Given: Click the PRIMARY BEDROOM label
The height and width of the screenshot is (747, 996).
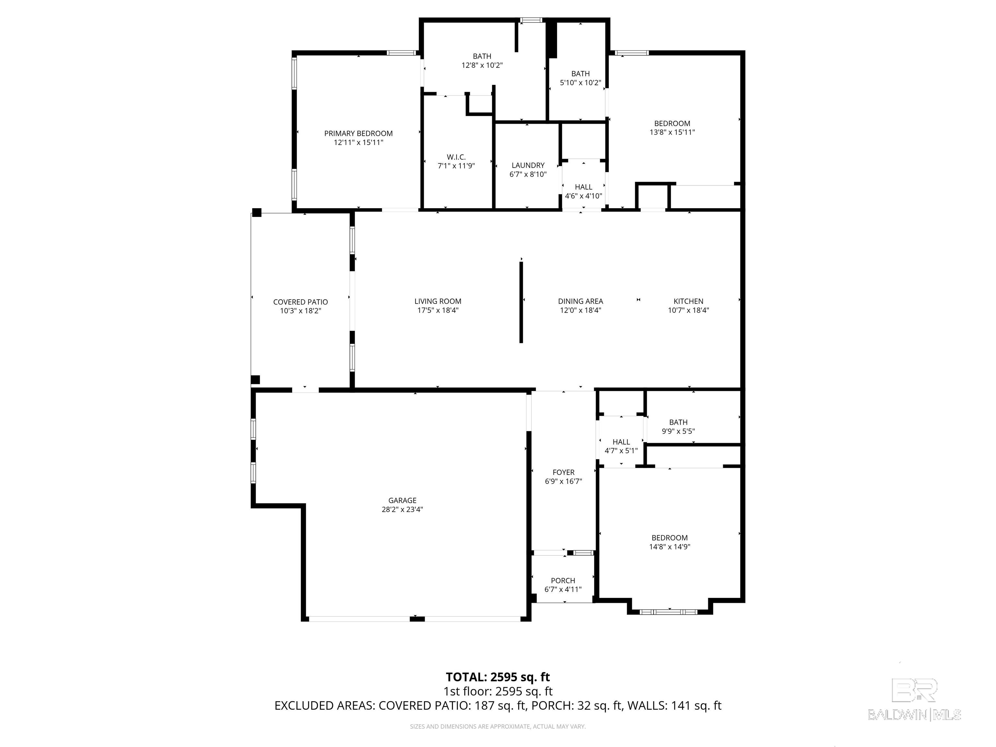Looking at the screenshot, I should [358, 133].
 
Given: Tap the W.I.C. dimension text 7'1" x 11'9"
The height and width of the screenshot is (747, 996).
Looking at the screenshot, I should [456, 166].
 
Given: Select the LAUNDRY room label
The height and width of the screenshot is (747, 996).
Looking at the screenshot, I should [528, 165].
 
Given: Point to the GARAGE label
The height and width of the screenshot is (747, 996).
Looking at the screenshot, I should [402, 500].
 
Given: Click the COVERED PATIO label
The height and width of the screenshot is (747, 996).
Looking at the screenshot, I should [300, 302].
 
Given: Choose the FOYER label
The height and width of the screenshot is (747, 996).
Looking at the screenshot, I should [563, 472].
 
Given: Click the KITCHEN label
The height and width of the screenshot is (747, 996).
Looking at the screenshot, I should [688, 301].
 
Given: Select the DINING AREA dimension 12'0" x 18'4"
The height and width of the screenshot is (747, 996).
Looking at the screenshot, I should [580, 310].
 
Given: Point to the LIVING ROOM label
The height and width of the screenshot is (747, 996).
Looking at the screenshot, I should [438, 301].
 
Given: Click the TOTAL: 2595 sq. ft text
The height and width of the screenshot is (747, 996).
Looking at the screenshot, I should [498, 677].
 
